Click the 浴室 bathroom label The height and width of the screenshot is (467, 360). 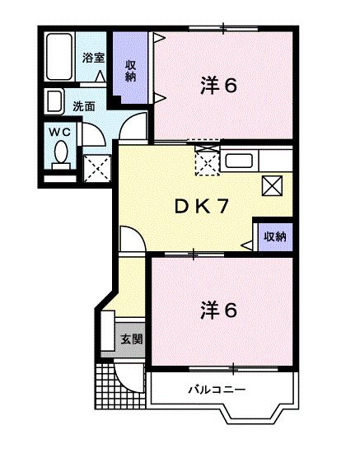tap(92, 58)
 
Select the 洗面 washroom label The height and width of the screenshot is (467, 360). tap(83, 105)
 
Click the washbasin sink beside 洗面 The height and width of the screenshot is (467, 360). tap(54, 102)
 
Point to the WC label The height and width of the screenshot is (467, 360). tap(58, 132)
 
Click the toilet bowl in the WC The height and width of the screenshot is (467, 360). tap(59, 153)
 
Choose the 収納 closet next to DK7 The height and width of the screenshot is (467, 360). tap(274, 236)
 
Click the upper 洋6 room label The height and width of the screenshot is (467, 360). tap(220, 84)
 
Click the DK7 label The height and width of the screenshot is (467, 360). tap(200, 207)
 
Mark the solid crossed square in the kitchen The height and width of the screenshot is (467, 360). tap(273, 185)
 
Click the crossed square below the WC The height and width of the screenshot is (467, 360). tap(98, 169)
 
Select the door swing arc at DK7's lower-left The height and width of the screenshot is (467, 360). tap(132, 238)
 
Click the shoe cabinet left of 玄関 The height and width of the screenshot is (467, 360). tap(108, 334)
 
